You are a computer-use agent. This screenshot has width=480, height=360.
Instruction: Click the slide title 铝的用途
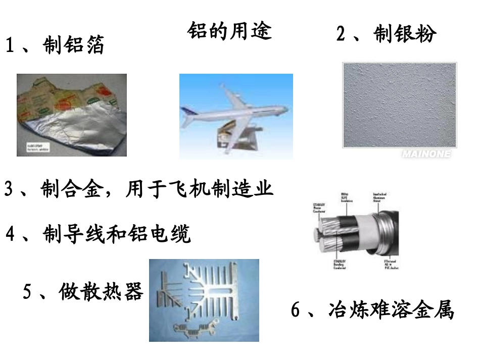click(229, 31)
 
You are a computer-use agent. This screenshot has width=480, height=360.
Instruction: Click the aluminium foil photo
click(71, 115)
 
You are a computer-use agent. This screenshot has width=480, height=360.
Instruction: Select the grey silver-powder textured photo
click(399, 105)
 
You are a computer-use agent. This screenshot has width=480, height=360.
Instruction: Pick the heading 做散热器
click(101, 292)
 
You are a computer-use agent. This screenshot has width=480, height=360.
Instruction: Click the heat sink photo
click(204, 300)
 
